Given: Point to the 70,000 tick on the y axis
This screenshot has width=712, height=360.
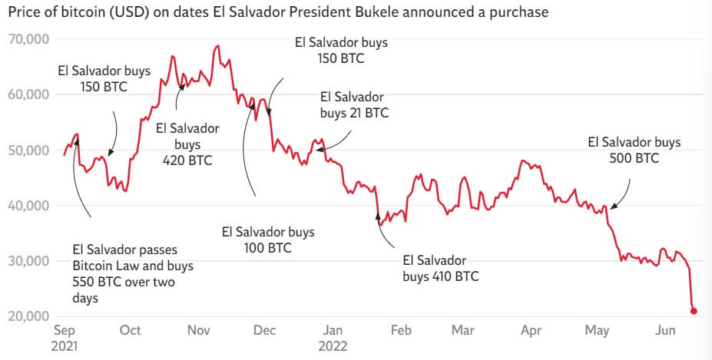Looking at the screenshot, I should click(x=28, y=39).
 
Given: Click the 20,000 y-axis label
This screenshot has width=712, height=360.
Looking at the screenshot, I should click(x=28, y=316).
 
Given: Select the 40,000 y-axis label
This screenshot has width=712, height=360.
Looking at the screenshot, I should click(x=28, y=206).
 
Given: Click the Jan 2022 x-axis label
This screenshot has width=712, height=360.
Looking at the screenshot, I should click(x=333, y=337).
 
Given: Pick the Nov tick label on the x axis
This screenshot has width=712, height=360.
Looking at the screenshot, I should click(x=199, y=330).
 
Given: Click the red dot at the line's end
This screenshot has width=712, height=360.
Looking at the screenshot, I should click(x=694, y=311).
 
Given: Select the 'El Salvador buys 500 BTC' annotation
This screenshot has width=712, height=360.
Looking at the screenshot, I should click(x=634, y=150).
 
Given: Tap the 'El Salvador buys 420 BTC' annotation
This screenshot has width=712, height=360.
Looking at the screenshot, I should click(x=187, y=144).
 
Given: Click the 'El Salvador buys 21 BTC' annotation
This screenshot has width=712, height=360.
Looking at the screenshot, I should click(x=353, y=105).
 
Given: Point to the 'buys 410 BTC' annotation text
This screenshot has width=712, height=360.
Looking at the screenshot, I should click(x=440, y=268).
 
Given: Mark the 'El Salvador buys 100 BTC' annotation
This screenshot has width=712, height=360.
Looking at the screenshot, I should click(x=267, y=239).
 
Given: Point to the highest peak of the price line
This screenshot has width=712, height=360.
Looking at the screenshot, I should click(x=218, y=46).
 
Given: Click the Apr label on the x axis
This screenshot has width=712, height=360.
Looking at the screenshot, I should click(x=531, y=330).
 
